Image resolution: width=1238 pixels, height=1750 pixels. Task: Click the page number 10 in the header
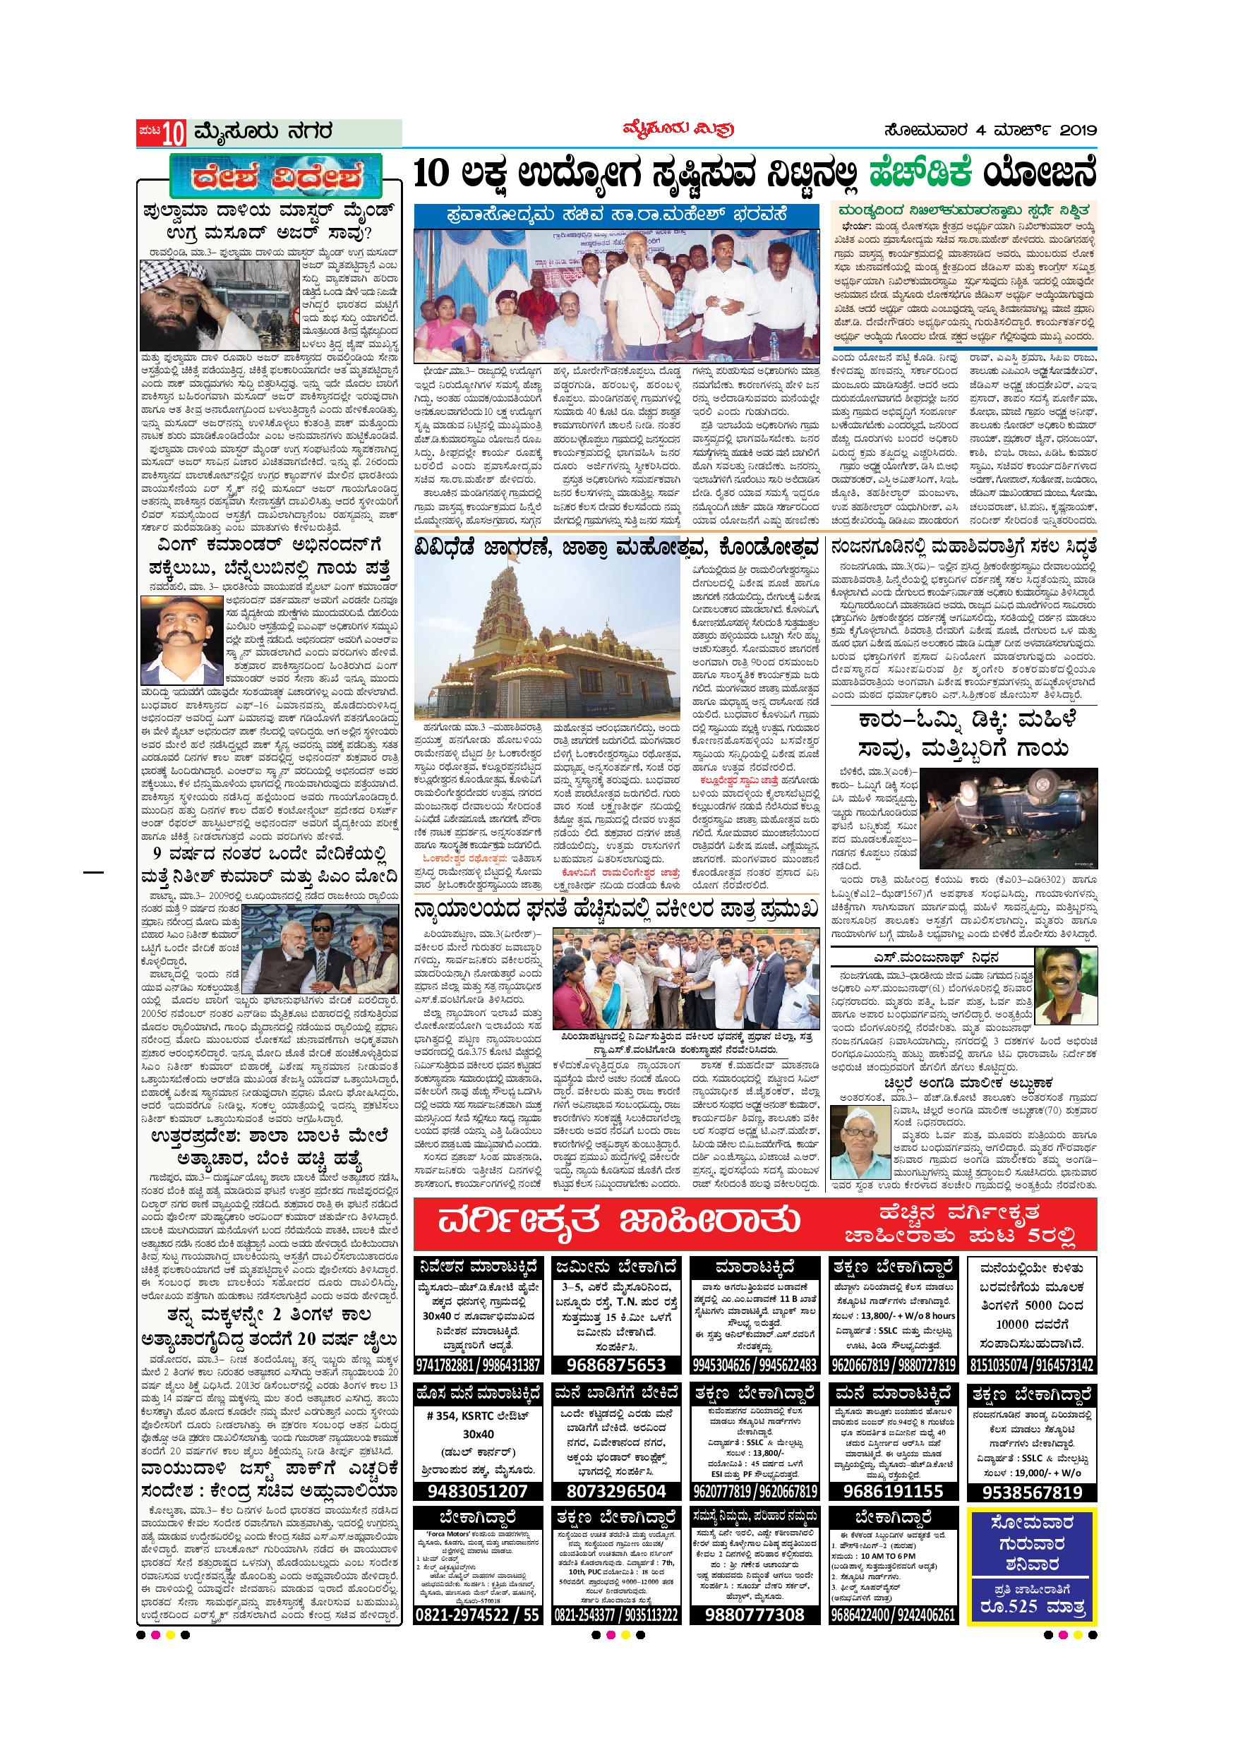pyautogui.click(x=173, y=132)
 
